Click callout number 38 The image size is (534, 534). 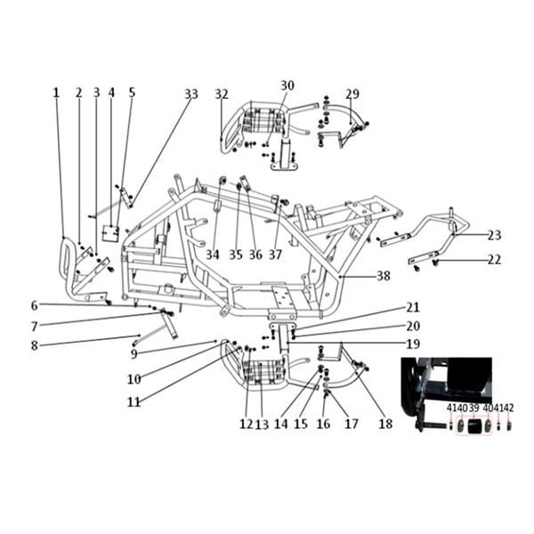tap(384, 276)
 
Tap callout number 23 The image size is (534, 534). tap(494, 235)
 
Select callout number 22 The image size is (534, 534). tap(494, 260)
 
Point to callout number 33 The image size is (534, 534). tap(191, 94)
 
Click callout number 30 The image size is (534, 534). tap(287, 85)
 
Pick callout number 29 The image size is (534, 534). tap(352, 94)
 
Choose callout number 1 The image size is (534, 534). tap(56, 93)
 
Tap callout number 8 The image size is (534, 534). tap(34, 345)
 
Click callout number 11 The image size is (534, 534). tap(133, 402)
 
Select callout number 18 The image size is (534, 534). tap(385, 424)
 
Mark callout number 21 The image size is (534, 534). tap(413, 308)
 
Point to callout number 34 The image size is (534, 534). tap(213, 255)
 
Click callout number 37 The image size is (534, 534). tap(276, 255)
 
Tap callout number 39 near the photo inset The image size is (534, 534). tap(473, 408)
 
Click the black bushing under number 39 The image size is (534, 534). tap(473, 426)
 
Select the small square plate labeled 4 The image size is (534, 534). tap(110, 233)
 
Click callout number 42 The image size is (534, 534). tap(509, 408)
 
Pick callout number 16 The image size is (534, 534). tap(323, 424)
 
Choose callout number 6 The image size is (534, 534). tap(34, 306)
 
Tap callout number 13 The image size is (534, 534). tap(262, 425)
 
